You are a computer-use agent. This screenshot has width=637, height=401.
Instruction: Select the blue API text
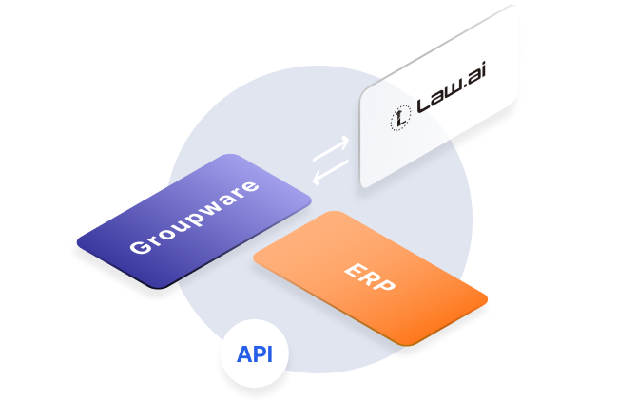[x=255, y=355]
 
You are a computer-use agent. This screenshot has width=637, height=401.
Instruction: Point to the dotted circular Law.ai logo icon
[x=400, y=120]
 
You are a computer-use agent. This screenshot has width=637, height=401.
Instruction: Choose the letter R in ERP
[x=369, y=279]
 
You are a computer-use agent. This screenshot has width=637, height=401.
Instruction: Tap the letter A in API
[x=243, y=355]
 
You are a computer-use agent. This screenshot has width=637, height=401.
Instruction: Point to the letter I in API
[x=270, y=355]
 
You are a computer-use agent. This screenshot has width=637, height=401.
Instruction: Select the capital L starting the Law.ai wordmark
[x=426, y=110]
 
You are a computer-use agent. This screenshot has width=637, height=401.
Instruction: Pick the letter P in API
[x=258, y=355]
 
